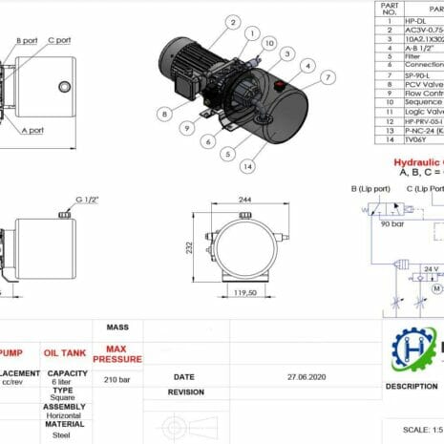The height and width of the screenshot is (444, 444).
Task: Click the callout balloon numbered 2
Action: point(232,20)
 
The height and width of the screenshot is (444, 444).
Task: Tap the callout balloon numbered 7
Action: point(328,76)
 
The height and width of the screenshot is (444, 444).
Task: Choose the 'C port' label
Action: point(59,40)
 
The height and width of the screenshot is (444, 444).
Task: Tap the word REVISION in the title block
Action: point(186,392)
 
